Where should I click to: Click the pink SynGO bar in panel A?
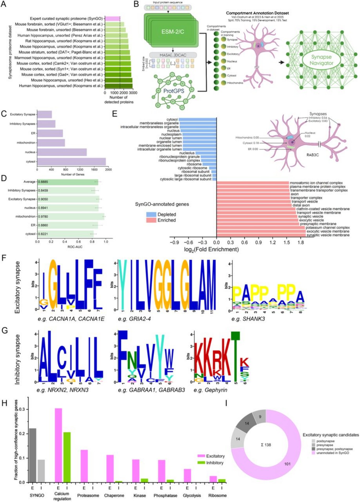[x=112, y=19]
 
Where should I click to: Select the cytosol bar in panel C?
[x=71, y=161]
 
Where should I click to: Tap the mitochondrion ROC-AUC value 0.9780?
[x=43, y=216]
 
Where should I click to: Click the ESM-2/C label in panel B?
[x=173, y=32]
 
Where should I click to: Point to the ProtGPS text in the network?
[x=174, y=91]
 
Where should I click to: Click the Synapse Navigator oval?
[x=321, y=60]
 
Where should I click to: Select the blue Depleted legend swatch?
[x=151, y=215]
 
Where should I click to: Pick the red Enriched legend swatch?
[x=151, y=220]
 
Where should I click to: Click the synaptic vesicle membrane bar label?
[x=328, y=235]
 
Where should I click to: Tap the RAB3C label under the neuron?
[x=312, y=155]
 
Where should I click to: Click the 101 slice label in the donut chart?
[x=287, y=464]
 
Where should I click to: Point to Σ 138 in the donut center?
[x=266, y=445]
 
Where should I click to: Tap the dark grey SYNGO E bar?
[x=33, y=455]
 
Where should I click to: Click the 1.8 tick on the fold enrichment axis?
[x=301, y=242]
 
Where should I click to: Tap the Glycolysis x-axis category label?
[x=192, y=495]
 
